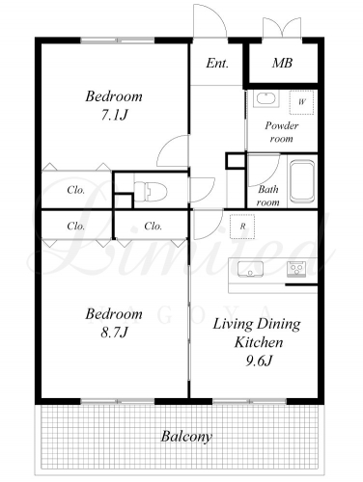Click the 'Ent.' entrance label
tap(217, 63)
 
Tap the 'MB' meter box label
tap(282, 63)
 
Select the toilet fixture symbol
tap(151, 192)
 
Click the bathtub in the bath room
tap(302, 182)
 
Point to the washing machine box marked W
tap(301, 102)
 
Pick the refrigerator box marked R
tap(242, 227)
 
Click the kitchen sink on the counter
tap(250, 269)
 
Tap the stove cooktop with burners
tap(295, 269)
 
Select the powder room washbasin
tap(265, 99)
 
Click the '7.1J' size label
tap(114, 115)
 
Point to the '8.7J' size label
tap(114, 333)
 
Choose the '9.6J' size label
tap(259, 361)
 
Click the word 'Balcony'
tap(186, 437)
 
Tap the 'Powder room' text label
tap(282, 132)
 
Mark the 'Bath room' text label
tap(268, 196)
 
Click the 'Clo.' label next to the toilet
tap(76, 190)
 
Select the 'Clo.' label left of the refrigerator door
tap(153, 227)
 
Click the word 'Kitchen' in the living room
tap(259, 342)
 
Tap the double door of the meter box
tap(282, 27)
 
